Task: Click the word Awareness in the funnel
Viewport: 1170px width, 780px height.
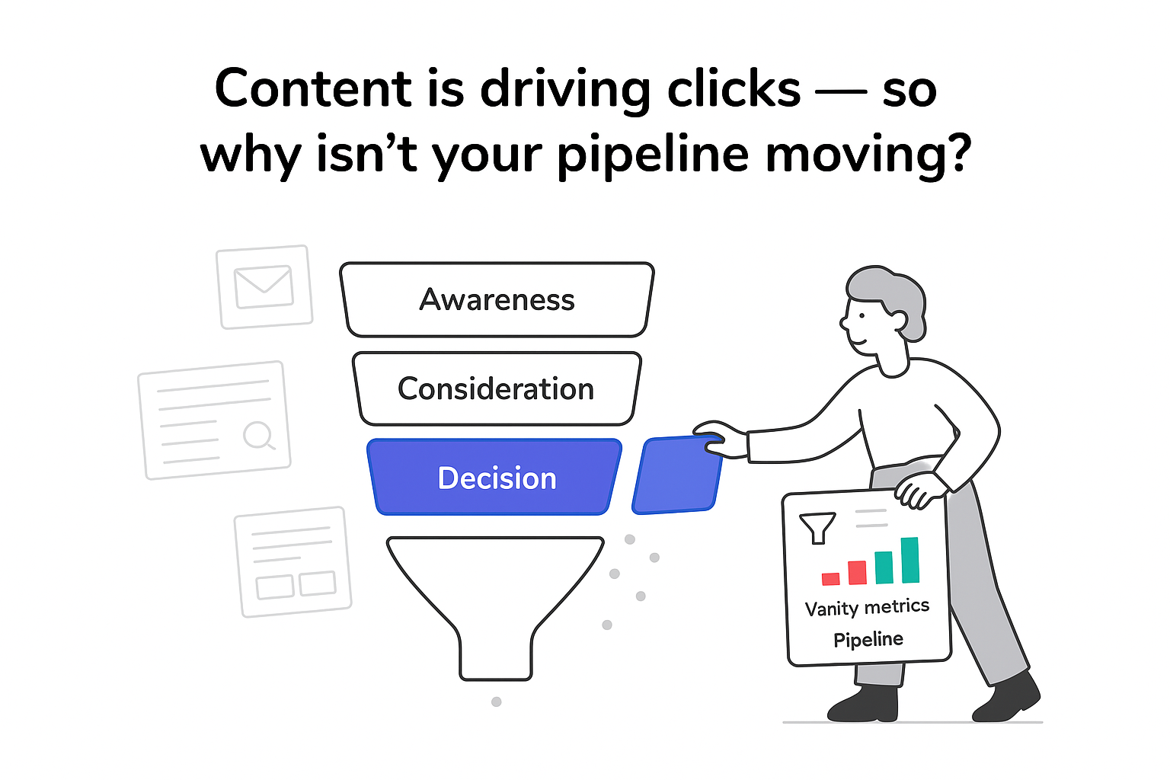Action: click(497, 300)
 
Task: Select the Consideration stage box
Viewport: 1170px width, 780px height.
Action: click(496, 388)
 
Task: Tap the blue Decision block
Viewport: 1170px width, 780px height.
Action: click(496, 478)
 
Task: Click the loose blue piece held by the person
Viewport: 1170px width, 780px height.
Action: click(676, 475)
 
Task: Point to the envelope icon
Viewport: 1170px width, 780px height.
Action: click(264, 286)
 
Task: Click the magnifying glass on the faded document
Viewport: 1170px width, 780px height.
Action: click(258, 436)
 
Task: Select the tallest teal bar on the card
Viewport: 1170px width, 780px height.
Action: click(909, 560)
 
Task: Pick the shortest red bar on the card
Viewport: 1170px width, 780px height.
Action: click(831, 579)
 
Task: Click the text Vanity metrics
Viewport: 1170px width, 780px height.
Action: click(867, 608)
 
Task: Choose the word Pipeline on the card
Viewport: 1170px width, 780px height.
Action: click(868, 640)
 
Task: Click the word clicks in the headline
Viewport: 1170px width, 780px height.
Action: click(734, 89)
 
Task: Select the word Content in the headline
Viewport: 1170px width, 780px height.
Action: click(313, 89)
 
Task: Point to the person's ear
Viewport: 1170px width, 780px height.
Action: click(898, 319)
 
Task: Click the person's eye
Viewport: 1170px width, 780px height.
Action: click(862, 314)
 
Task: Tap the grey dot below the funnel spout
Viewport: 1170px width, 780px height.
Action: click(497, 702)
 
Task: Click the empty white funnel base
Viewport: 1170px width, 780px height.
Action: click(495, 602)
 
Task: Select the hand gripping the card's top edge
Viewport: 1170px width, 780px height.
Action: click(919, 489)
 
